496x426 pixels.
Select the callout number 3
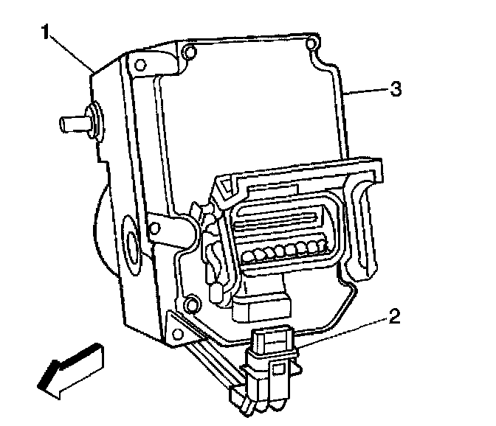[396, 90]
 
